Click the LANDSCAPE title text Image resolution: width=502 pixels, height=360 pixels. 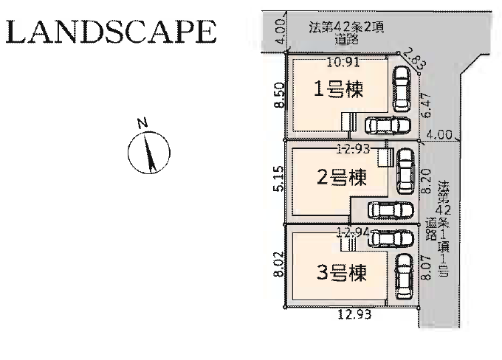pos(111,32)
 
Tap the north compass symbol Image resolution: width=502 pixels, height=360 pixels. pos(149,148)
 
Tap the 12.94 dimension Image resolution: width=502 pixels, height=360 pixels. pos(353,232)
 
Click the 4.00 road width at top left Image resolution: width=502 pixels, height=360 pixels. pos(278,34)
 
